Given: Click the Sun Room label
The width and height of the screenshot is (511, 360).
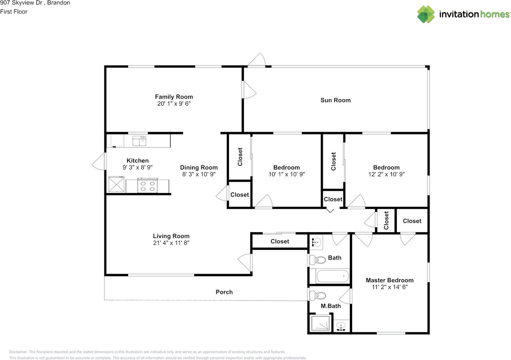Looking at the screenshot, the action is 335,100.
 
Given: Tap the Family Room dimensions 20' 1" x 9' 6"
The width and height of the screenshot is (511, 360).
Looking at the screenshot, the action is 174,104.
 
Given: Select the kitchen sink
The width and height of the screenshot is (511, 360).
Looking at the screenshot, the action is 139,141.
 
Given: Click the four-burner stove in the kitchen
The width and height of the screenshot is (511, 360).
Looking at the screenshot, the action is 147,186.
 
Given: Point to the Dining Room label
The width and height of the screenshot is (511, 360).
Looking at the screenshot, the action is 199,168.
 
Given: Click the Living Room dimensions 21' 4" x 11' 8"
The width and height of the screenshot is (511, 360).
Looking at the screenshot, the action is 171,243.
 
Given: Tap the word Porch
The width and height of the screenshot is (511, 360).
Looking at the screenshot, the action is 224,292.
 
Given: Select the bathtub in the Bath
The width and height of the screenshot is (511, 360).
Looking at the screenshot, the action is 333,276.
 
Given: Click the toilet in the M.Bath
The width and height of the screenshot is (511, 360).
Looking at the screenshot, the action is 318,296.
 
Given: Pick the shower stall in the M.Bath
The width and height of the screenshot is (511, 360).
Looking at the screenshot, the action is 320,323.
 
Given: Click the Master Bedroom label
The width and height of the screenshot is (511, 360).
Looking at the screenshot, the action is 389,280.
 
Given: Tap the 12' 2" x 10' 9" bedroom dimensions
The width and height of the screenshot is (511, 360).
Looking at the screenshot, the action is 386,174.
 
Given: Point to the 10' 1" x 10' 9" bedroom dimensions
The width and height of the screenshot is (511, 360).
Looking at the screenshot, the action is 287,174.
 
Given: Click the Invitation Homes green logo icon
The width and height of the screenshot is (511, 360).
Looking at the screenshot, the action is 426,14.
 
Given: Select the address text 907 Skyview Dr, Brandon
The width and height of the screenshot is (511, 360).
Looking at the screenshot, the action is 35,3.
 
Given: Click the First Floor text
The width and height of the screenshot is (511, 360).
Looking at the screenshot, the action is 14,12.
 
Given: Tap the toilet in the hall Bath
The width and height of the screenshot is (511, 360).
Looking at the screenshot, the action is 318,259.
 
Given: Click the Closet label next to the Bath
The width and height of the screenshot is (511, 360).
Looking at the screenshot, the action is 280,241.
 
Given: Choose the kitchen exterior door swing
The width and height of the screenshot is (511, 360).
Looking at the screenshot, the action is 99,161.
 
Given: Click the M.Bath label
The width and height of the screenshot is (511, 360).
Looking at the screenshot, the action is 331,306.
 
